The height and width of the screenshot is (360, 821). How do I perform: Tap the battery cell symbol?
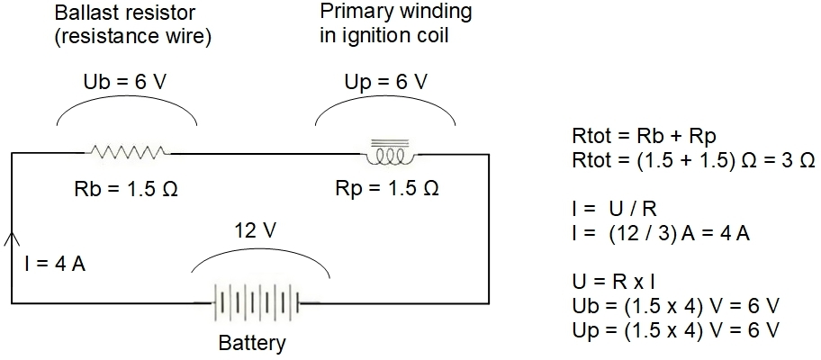click(x=257, y=302)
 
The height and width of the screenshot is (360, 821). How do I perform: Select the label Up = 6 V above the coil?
click(x=385, y=82)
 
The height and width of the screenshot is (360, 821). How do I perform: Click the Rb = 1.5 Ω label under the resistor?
click(x=126, y=188)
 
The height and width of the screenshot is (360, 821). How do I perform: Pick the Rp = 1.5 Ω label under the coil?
click(x=386, y=188)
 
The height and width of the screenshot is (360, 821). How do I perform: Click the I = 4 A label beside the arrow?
click(x=55, y=265)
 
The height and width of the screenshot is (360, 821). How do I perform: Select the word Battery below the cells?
click(x=252, y=344)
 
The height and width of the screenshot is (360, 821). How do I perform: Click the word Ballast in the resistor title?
click(x=82, y=12)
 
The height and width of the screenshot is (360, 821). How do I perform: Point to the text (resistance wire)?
click(x=133, y=39)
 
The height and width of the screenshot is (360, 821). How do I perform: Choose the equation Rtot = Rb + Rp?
click(x=644, y=136)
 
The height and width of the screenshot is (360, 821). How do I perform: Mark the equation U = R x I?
click(x=614, y=283)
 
